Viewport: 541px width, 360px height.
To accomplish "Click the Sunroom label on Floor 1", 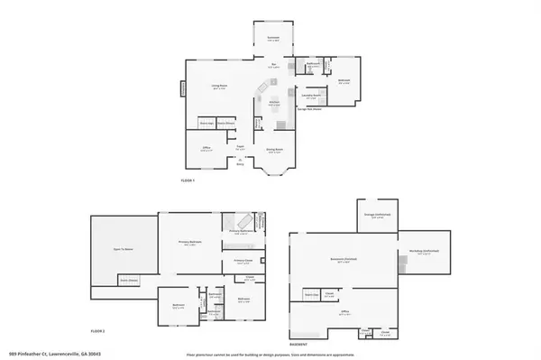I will (x=273, y=38).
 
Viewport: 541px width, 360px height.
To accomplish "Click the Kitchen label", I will (x=272, y=104).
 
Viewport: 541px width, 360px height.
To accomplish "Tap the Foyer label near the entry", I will (x=241, y=146).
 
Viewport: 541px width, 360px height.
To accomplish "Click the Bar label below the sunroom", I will (x=273, y=64).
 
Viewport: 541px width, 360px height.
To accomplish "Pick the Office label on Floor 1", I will (x=206, y=149).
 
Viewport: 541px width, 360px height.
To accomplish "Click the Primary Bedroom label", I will (x=188, y=243).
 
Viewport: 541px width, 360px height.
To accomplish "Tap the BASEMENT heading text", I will (x=298, y=345).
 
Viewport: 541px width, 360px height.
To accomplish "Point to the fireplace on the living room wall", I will (x=183, y=90).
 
